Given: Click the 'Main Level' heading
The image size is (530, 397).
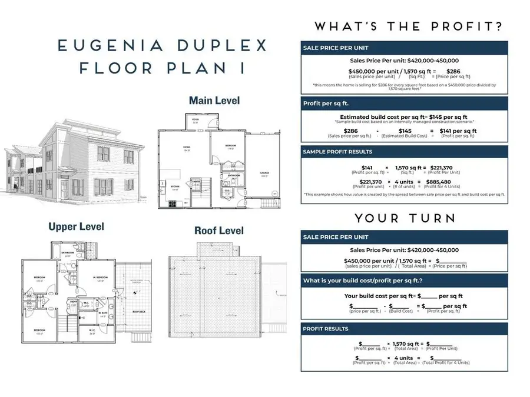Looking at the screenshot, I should point(214,101).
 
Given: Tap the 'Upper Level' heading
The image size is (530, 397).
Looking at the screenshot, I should point(76,226).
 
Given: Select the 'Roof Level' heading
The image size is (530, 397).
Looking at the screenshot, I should point(218,231).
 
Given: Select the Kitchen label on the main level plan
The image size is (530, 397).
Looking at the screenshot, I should point(175,188).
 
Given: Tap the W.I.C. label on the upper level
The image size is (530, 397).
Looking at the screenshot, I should point(92,333).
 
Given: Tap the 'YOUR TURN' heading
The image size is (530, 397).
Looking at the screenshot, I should point(405,218).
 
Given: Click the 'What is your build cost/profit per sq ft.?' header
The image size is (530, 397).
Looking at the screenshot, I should point(363,281).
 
